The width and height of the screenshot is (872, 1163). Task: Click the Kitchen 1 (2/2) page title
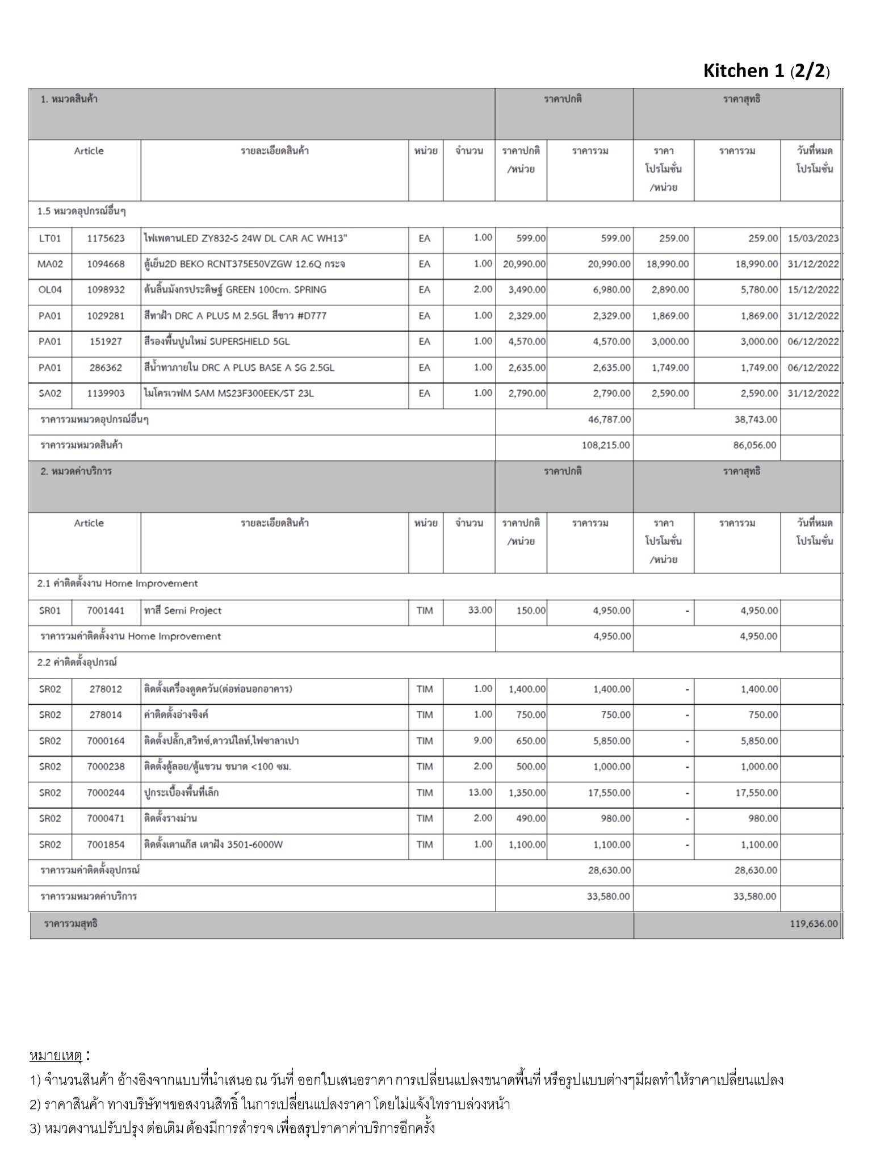[x=766, y=71]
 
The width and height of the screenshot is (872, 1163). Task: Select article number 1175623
[x=106, y=239]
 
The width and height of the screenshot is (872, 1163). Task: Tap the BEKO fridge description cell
[x=244, y=264]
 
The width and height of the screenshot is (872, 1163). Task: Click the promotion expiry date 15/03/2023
[x=813, y=239]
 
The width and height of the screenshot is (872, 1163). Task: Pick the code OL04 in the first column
[x=50, y=290]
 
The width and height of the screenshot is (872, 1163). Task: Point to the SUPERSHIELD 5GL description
[x=217, y=341]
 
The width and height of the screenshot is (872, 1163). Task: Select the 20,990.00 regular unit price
[x=524, y=264]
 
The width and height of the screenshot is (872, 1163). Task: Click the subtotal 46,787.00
[x=609, y=420]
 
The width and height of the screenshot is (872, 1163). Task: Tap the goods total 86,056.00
[x=754, y=445]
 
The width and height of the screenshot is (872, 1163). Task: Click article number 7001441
[x=106, y=610]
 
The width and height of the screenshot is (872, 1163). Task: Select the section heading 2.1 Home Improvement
[x=118, y=583]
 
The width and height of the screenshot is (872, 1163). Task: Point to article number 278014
[x=106, y=714]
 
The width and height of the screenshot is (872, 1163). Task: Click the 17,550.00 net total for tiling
[x=756, y=793]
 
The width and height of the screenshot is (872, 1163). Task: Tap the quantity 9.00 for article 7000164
[x=483, y=741]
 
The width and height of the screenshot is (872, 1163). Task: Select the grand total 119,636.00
[x=813, y=924]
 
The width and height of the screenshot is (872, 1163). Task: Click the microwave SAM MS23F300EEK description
[x=228, y=393]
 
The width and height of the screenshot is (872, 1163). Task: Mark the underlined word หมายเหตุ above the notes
[x=56, y=1056]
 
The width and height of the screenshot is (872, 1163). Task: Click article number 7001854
[x=106, y=844]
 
